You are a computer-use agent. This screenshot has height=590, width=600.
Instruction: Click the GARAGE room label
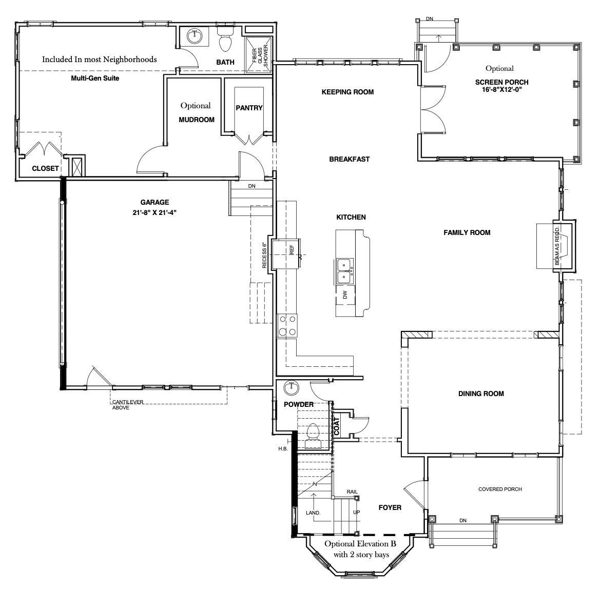(154, 202)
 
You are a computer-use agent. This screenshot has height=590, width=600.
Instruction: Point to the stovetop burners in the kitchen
(287, 325)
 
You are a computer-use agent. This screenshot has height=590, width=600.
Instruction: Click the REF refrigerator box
(286, 254)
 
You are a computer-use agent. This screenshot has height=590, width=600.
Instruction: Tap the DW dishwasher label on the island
(345, 295)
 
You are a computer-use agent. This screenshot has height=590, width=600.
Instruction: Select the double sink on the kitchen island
(345, 271)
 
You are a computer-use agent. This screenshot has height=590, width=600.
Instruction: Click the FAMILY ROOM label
(467, 232)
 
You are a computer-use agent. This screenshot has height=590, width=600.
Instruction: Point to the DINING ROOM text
(481, 394)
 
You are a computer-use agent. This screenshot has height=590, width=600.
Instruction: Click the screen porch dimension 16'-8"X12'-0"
(502, 89)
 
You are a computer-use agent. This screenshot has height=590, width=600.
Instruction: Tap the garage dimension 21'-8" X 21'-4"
(154, 212)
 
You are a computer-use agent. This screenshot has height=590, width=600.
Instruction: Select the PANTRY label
(249, 108)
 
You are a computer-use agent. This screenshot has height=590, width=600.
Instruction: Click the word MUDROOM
(197, 120)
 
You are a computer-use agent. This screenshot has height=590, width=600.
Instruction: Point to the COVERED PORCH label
(500, 489)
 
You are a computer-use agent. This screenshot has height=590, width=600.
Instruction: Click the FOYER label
(390, 507)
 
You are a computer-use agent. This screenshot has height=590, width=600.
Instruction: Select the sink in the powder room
(292, 388)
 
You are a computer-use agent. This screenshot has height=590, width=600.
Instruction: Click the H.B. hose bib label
(283, 448)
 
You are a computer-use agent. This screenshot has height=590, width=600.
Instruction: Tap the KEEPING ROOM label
(347, 92)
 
